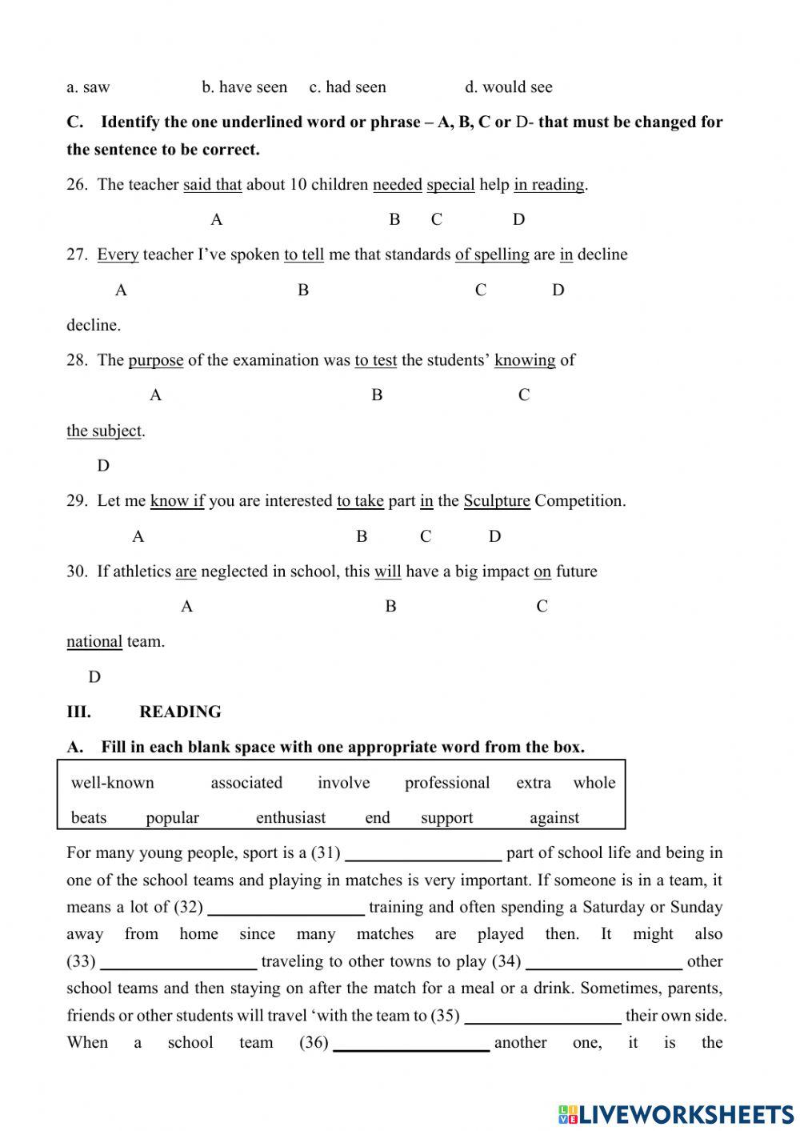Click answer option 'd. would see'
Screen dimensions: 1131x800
click(508, 87)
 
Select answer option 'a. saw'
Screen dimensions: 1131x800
click(88, 87)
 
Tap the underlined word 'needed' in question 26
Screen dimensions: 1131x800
click(397, 185)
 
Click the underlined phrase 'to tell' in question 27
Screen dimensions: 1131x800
click(304, 255)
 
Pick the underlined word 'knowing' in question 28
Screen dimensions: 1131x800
click(525, 360)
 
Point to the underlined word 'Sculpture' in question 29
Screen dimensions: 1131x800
click(497, 501)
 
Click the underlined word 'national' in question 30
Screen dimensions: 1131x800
click(94, 642)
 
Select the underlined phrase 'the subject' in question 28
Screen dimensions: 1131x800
click(104, 431)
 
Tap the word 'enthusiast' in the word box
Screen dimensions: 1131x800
click(290, 818)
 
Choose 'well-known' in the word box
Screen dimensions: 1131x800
click(113, 783)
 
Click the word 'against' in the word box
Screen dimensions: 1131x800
click(554, 818)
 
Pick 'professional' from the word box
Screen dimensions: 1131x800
click(447, 783)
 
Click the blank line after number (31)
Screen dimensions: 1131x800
click(423, 855)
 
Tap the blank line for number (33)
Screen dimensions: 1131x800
click(178, 963)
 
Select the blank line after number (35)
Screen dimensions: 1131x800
click(542, 1017)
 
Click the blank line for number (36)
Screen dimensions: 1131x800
click(411, 1045)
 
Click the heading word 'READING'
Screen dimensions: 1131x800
click(180, 712)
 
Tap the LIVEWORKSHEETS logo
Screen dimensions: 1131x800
click(676, 1113)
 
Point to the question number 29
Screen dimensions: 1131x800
click(77, 501)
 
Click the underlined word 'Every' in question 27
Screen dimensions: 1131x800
click(118, 255)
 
